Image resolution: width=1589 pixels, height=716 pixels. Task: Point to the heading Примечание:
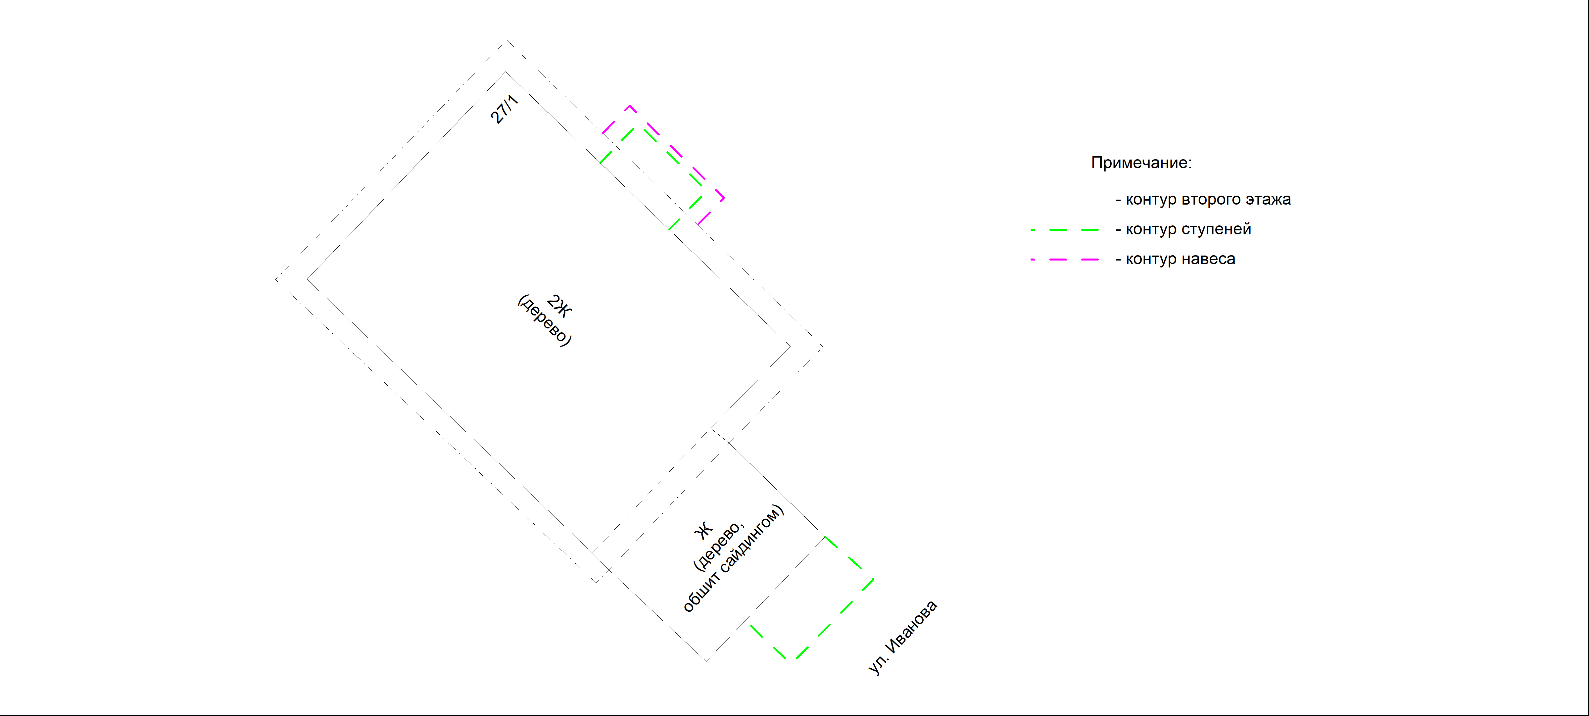coord(1141,163)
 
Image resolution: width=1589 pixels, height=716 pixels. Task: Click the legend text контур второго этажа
coord(1208,199)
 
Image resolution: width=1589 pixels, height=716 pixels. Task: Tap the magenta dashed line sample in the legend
coord(1065,260)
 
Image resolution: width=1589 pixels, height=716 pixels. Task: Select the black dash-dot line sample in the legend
coord(1065,200)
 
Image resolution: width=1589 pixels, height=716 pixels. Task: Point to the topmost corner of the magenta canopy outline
coord(629,106)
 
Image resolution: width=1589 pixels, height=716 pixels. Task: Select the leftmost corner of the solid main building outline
coord(307,279)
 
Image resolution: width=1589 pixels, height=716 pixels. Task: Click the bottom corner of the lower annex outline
coord(706,661)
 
